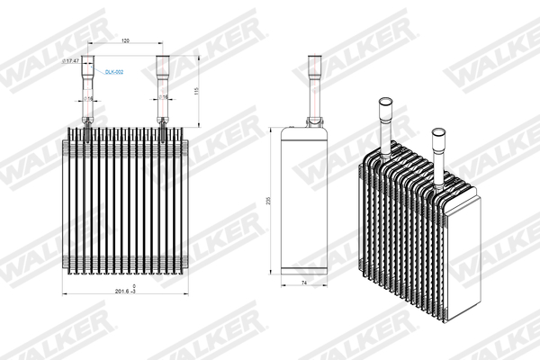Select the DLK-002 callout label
point(113,71)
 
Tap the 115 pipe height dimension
point(195,92)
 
